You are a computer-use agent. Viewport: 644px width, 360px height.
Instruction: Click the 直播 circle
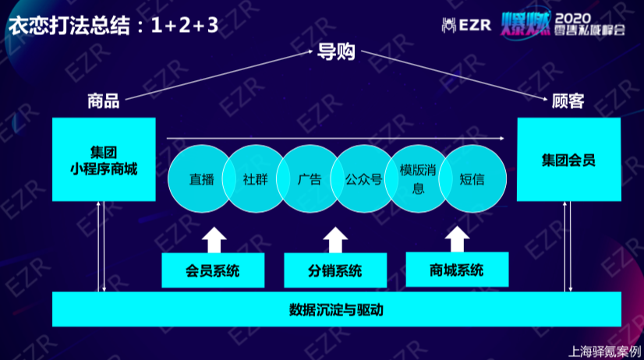click(x=201, y=178)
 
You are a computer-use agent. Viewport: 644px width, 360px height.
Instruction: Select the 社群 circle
click(x=256, y=178)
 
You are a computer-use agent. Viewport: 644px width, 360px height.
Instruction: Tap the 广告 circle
click(x=310, y=178)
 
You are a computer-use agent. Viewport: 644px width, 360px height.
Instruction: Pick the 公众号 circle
click(x=364, y=178)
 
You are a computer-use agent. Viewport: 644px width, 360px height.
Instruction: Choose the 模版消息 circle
click(x=418, y=178)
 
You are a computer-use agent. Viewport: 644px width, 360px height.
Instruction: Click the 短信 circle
click(x=472, y=178)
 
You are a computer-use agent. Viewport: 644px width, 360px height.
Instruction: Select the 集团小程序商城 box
click(x=104, y=159)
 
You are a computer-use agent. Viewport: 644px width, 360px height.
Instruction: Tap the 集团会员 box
click(x=569, y=159)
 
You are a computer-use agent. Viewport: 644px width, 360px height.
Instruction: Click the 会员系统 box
click(x=213, y=270)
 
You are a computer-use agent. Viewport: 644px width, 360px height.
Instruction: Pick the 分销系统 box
click(x=335, y=270)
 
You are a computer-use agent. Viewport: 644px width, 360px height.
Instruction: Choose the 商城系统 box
click(x=457, y=270)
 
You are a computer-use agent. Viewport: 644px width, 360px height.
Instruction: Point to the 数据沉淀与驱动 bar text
click(x=336, y=310)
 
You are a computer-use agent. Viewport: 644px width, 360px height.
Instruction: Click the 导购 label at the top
click(x=336, y=51)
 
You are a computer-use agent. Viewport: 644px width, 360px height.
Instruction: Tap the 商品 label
click(x=104, y=101)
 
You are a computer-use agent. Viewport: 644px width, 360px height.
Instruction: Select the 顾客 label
click(x=568, y=101)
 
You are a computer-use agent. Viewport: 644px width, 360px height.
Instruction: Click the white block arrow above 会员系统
click(x=214, y=240)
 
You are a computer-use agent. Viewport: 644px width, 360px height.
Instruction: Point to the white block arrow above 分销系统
click(x=335, y=240)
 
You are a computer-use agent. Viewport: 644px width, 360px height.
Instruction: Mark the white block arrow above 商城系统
click(x=457, y=239)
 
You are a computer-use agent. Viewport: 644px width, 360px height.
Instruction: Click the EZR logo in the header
click(x=466, y=25)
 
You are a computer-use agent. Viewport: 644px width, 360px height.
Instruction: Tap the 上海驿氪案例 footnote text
click(x=604, y=351)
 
